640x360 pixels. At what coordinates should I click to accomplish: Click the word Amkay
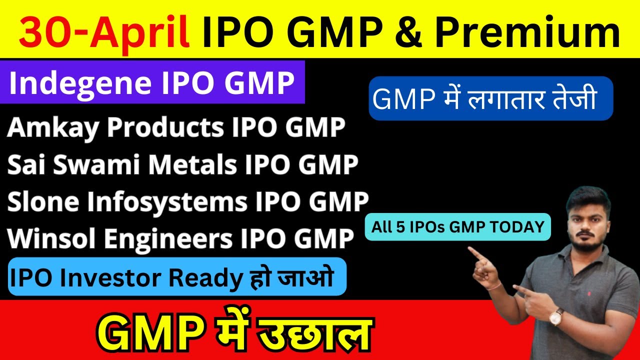54,128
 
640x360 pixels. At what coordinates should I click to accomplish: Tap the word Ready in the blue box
204,277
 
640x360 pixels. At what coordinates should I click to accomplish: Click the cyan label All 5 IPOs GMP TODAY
457,227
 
